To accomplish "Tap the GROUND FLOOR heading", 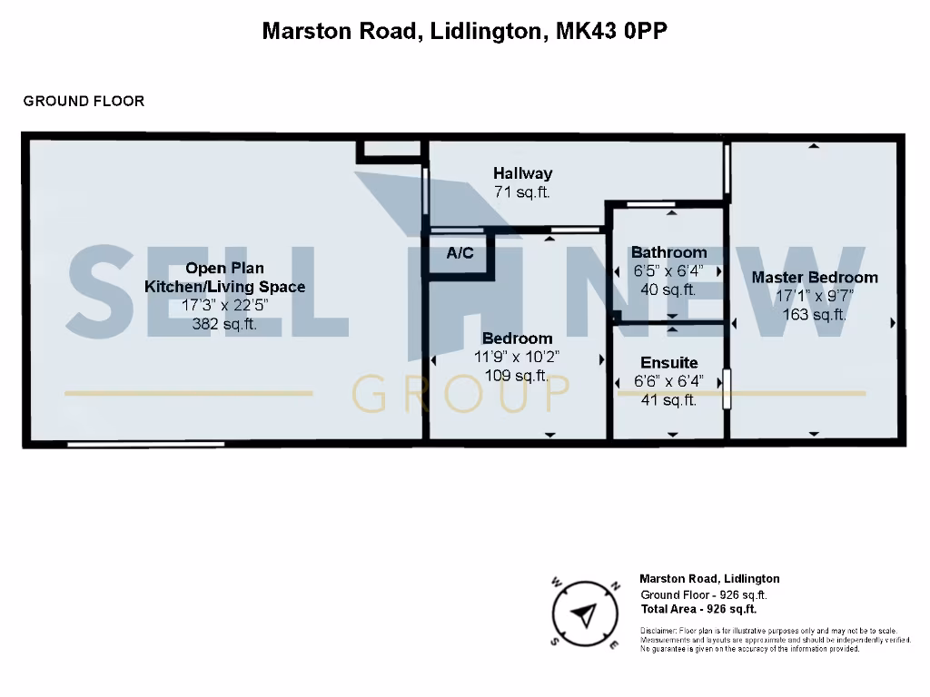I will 84,101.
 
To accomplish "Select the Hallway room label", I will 522,172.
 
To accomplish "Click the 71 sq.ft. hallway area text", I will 522,192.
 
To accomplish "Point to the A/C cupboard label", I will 460,253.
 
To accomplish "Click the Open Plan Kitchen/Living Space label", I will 225,277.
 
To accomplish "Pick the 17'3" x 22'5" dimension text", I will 225,306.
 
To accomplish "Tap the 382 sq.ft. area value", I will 225,324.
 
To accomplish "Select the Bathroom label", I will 668,252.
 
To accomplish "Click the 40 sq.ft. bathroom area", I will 668,290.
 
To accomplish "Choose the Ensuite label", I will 668,363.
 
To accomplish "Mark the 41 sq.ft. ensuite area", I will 668,400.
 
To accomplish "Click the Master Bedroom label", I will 815,277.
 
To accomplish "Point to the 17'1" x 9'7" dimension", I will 815,296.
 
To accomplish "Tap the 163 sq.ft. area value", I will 815,315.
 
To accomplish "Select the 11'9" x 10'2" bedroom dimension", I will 517,357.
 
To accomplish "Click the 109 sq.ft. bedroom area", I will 517,376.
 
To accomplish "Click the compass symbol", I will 584,614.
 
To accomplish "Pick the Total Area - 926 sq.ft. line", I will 698,610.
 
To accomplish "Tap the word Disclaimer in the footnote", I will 658,631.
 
